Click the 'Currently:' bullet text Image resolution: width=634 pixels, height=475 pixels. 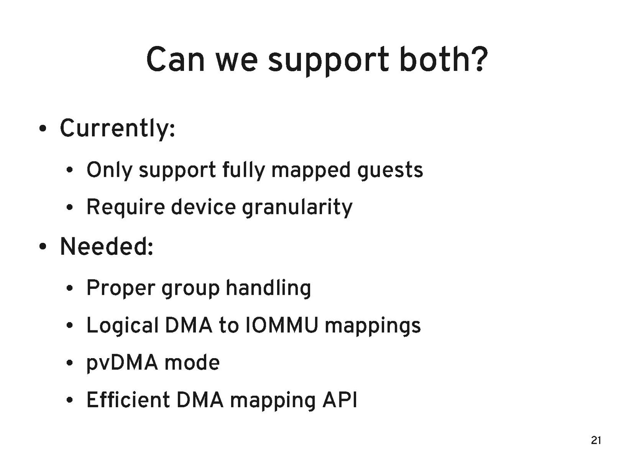[117, 129]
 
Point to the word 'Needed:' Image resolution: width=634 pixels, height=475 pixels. [107, 246]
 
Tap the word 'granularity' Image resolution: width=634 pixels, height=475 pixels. [297, 208]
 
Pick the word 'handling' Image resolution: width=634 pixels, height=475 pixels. [268, 287]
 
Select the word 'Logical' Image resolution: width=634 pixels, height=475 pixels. [123, 326]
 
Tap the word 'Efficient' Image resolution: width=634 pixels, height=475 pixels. [128, 399]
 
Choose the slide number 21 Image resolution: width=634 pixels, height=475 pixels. [596, 440]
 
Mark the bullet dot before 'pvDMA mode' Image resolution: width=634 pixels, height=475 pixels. [70, 364]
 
